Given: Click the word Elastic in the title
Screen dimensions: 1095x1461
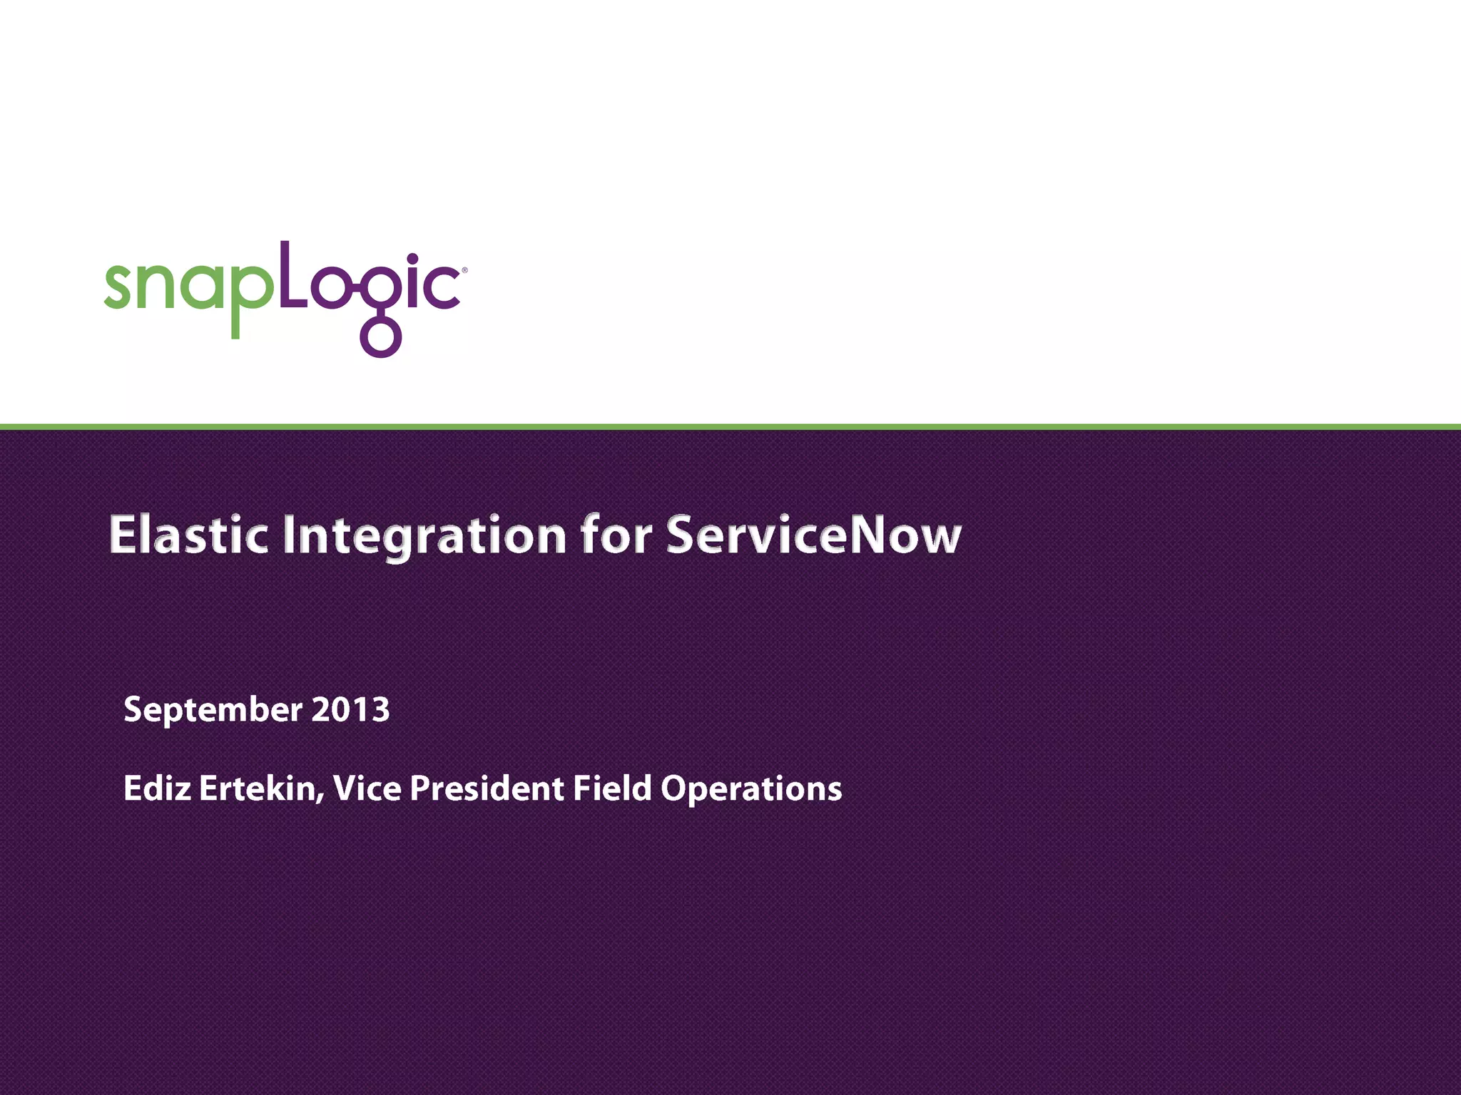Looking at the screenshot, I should click(x=188, y=535).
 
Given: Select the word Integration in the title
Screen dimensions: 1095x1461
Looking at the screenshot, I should click(x=424, y=537).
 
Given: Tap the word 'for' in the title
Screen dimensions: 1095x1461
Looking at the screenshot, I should click(x=616, y=535).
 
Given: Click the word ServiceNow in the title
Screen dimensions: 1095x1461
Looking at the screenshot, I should click(x=813, y=535).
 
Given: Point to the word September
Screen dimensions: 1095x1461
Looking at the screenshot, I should click(x=213, y=710).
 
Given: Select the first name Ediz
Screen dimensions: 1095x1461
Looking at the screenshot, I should click(x=157, y=788).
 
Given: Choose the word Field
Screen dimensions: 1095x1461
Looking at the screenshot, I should click(x=612, y=788).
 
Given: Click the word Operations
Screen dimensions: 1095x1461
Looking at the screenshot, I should click(x=750, y=788).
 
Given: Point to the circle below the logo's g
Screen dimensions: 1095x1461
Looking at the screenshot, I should click(x=381, y=337).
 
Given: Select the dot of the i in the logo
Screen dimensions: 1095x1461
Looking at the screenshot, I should click(x=412, y=259).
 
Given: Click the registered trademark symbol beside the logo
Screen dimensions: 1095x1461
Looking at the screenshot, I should click(x=464, y=271).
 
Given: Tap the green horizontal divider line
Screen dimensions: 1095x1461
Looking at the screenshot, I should click(x=730, y=427).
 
